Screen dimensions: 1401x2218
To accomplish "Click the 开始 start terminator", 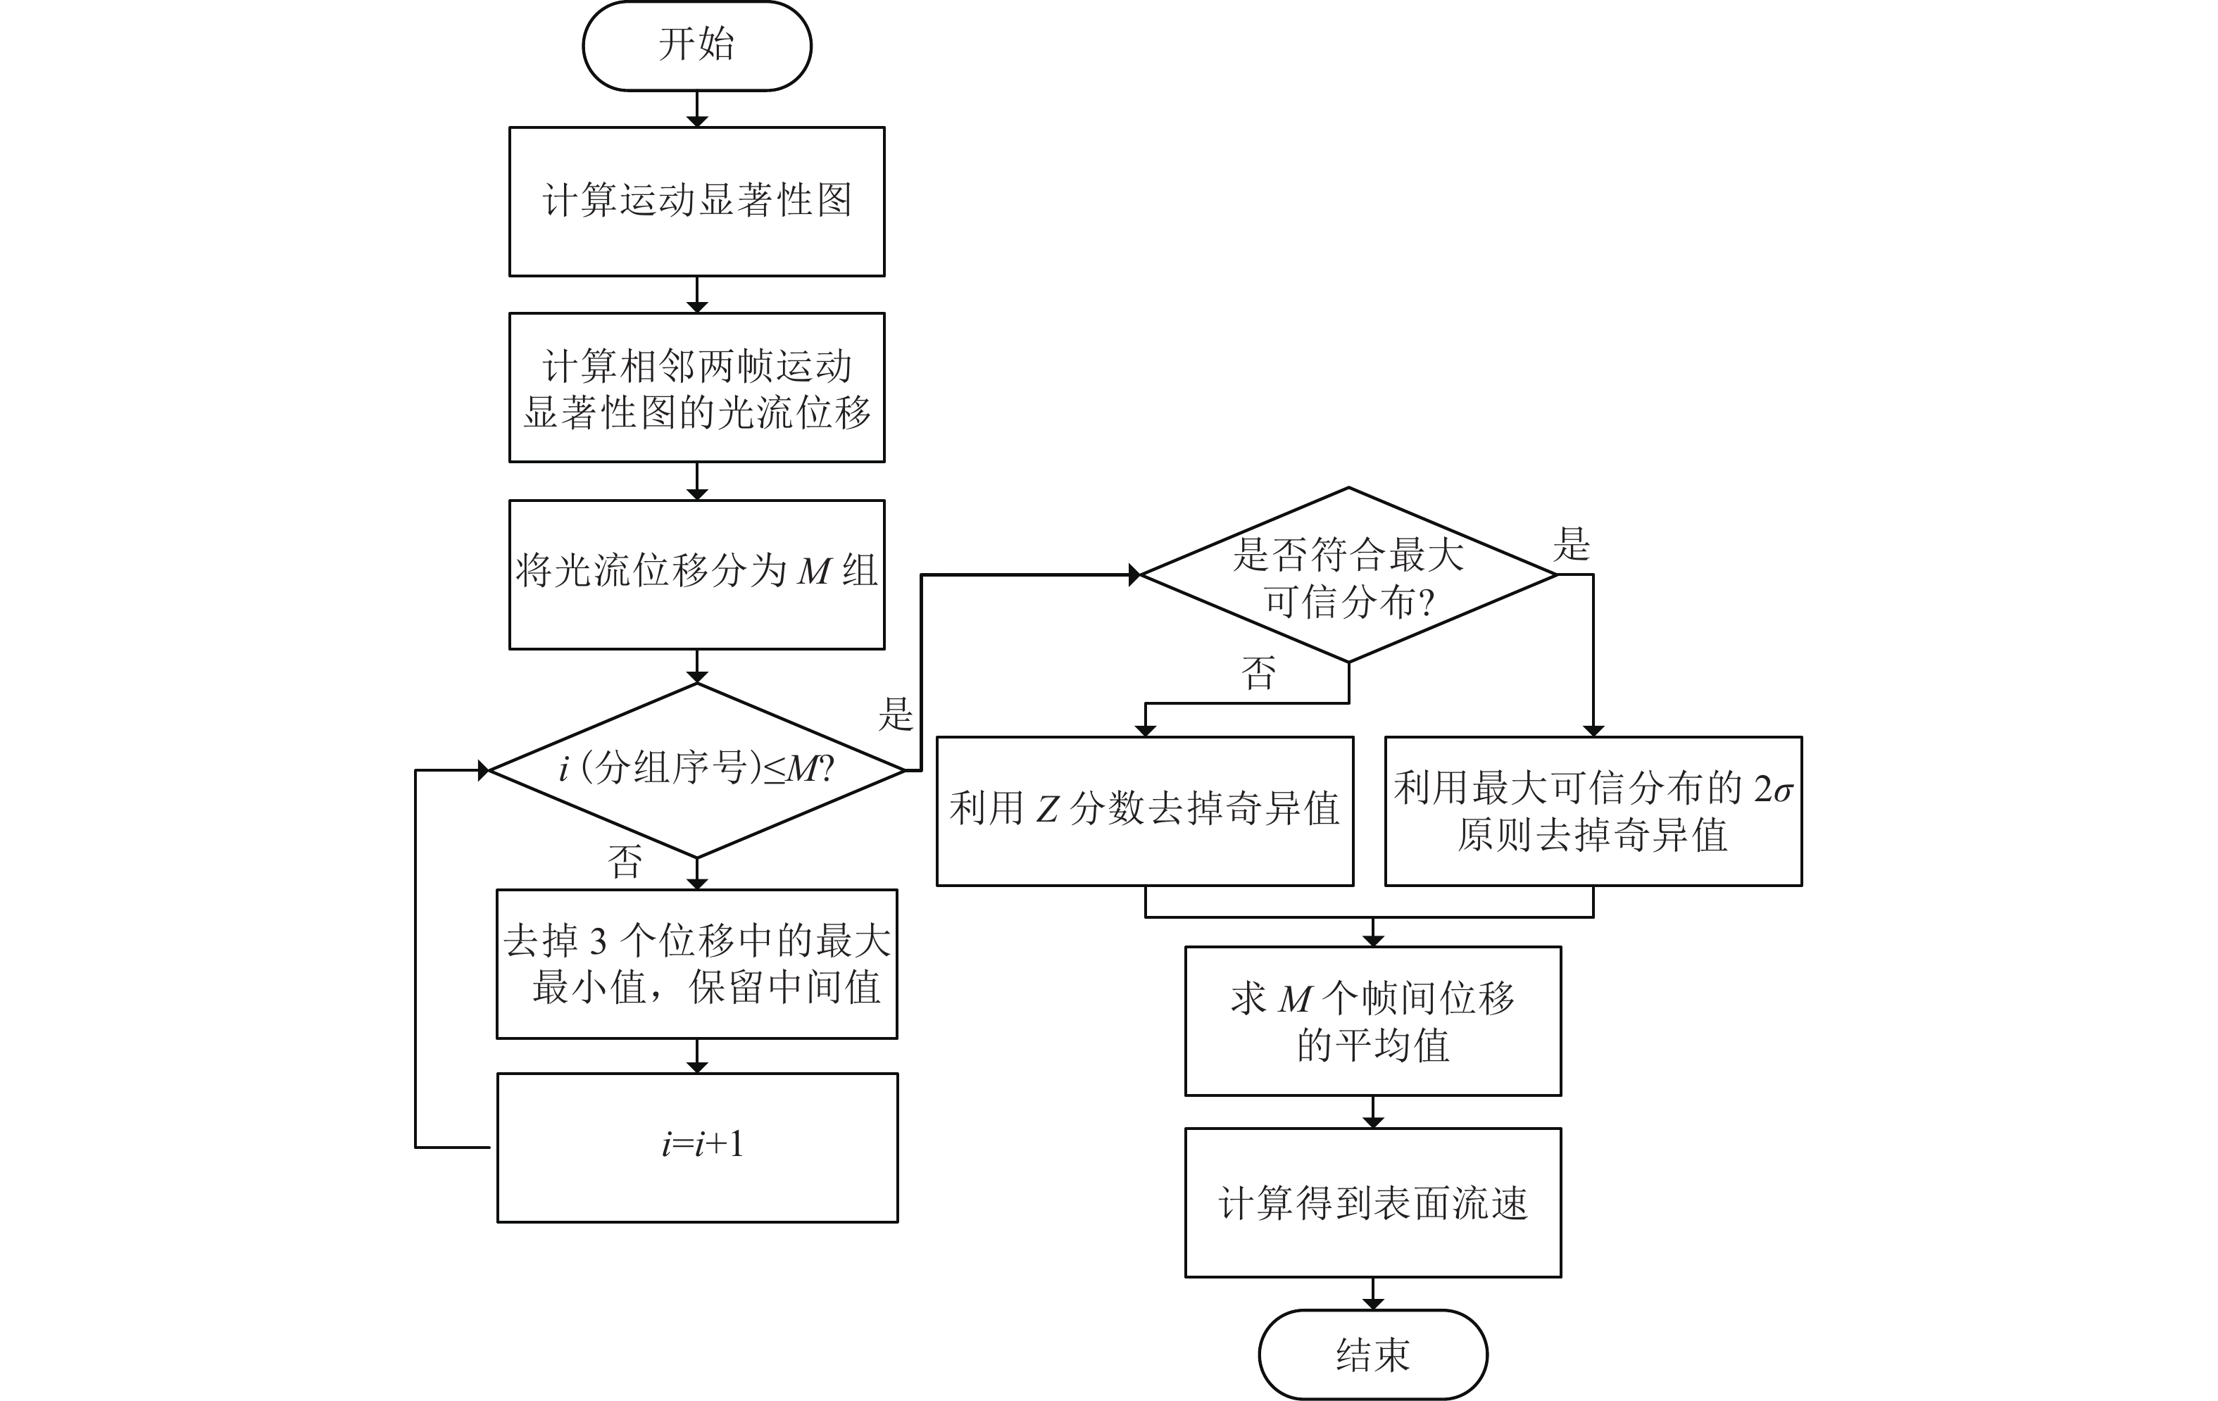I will (x=696, y=45).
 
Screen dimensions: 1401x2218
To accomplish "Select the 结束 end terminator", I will (x=1372, y=1354).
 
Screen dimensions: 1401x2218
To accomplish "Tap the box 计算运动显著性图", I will (x=696, y=201).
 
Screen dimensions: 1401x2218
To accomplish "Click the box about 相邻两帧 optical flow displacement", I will (x=696, y=388).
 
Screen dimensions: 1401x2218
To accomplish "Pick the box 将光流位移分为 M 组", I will (x=696, y=574).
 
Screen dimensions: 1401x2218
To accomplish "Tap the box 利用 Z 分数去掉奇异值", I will (x=1145, y=810).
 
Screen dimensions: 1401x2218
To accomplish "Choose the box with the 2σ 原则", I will (x=1593, y=810).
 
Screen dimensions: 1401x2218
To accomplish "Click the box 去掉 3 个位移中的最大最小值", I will (x=696, y=964).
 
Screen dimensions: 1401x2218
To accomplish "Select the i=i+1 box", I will (x=697, y=1147).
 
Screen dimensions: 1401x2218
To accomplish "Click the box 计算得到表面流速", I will (x=1372, y=1202).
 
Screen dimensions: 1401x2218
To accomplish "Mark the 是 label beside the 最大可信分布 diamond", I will (x=1572, y=544).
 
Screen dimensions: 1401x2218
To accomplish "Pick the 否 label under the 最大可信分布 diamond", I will (x=1259, y=673).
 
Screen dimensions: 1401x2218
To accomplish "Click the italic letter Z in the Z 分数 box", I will (x=1047, y=810).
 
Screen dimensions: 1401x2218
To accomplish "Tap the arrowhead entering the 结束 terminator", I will (x=1372, y=1302).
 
